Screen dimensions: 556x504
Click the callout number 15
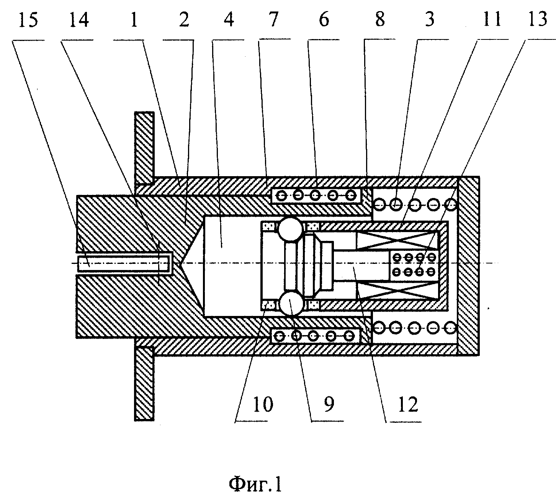(x=28, y=20)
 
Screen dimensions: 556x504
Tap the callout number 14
(x=79, y=20)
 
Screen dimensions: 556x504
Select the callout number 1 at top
(x=134, y=20)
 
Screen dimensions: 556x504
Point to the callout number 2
(x=184, y=20)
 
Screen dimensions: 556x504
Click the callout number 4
(x=229, y=20)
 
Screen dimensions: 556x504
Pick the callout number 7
(x=273, y=20)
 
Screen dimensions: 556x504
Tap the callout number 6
(x=324, y=20)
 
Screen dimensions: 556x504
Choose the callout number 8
(x=380, y=20)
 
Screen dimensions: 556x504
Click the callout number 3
(x=430, y=20)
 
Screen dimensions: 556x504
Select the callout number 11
(x=492, y=20)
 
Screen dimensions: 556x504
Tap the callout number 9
(x=329, y=404)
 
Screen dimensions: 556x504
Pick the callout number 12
(x=408, y=404)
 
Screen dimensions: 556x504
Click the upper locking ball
(x=290, y=229)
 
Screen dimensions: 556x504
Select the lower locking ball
(x=291, y=303)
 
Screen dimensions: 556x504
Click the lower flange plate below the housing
(x=144, y=384)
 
